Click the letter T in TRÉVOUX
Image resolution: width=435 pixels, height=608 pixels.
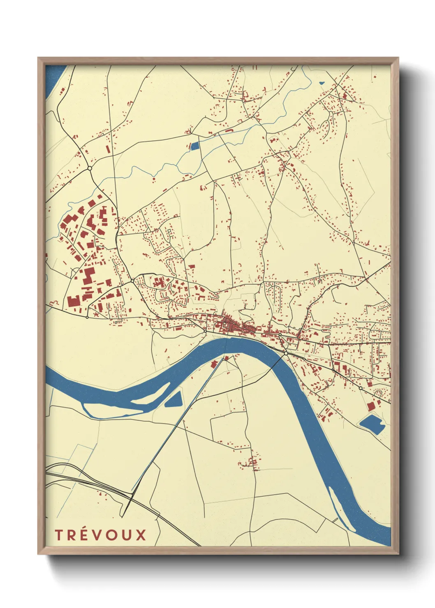click(x=58, y=535)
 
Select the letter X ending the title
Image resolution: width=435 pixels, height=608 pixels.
click(x=141, y=535)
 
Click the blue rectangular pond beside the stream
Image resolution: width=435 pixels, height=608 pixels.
click(x=194, y=145)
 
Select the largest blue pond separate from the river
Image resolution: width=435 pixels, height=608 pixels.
click(x=372, y=424)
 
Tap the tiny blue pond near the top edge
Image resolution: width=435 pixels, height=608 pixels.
click(x=322, y=83)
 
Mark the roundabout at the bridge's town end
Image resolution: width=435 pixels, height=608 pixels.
click(x=285, y=353)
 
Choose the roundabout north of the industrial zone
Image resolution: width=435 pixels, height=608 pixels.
click(x=89, y=168)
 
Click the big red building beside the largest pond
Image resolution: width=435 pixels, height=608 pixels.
click(x=371, y=406)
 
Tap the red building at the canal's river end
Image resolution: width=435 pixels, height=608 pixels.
click(x=214, y=364)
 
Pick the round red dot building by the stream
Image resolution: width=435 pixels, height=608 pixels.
click(x=154, y=179)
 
